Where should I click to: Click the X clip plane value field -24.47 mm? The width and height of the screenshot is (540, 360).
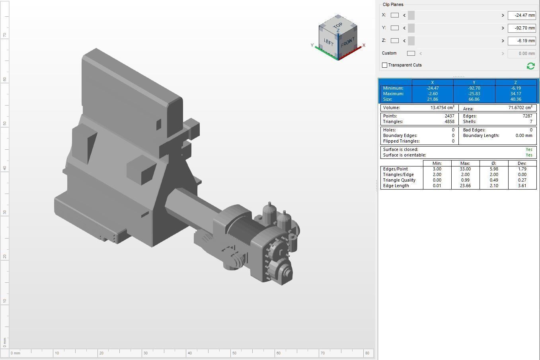point(521,15)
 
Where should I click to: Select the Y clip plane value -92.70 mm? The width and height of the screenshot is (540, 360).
point(521,28)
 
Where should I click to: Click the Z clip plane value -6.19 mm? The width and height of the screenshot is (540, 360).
point(521,41)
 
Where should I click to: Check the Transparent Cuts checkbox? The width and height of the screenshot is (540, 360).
point(385,65)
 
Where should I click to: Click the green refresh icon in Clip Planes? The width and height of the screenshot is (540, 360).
point(530,66)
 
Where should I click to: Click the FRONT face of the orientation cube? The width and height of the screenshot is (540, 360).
point(347,42)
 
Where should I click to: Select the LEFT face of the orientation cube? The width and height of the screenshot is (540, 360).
point(328,42)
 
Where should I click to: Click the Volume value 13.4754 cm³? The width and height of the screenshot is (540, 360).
point(443,108)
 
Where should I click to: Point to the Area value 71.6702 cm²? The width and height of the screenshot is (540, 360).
point(520,108)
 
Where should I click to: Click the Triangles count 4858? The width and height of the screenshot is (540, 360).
point(449,121)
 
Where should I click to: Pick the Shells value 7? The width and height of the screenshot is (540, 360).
point(530,121)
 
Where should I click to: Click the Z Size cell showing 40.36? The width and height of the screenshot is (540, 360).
point(515,99)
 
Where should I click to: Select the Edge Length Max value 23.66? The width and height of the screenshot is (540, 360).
point(465,186)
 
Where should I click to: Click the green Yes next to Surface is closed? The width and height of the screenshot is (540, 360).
point(529,149)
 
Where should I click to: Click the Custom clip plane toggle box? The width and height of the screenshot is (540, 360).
point(411,53)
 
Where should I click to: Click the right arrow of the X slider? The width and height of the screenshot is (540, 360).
point(503,15)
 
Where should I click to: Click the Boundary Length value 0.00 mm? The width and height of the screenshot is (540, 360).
point(523,135)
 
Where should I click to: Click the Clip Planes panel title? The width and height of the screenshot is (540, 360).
point(393,4)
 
